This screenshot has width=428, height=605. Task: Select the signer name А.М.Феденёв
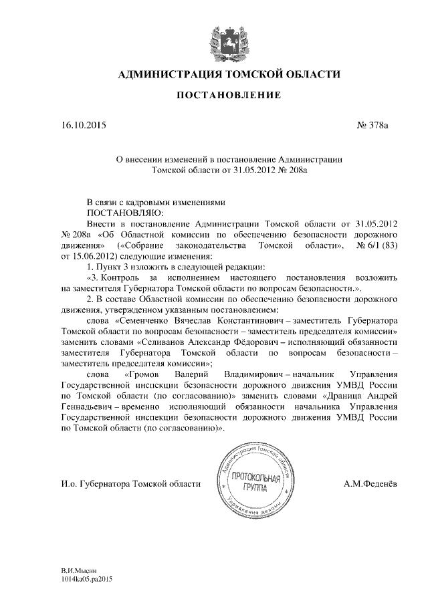(x=370, y=483)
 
